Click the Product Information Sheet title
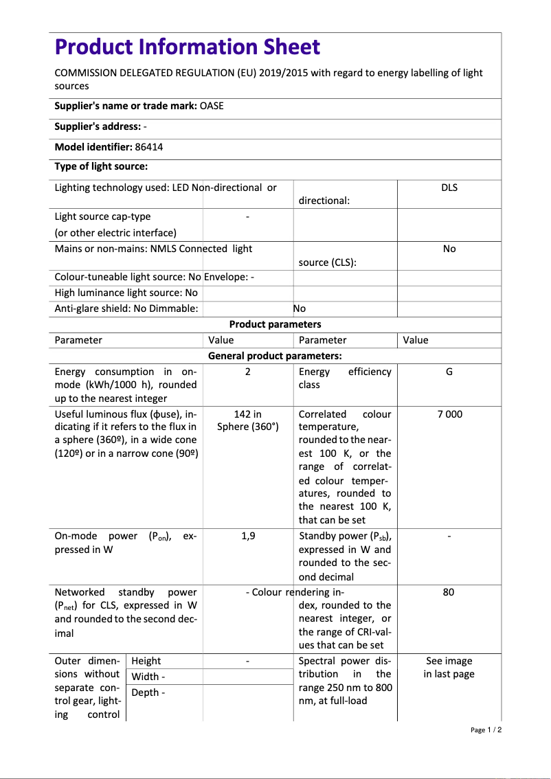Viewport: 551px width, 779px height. click(187, 47)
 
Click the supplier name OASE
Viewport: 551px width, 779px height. click(212, 106)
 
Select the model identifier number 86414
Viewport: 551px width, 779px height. click(148, 147)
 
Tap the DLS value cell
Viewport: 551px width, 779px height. click(449, 188)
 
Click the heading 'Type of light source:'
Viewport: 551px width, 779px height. click(101, 166)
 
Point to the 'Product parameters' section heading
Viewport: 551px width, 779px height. click(275, 324)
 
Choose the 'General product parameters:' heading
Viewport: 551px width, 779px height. click(275, 356)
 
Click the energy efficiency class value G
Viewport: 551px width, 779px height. click(449, 372)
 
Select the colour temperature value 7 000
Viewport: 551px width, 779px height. click(449, 414)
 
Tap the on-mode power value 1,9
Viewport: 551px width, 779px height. click(248, 536)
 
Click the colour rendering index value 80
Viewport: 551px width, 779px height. click(449, 592)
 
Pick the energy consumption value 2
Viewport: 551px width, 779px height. click(247, 372)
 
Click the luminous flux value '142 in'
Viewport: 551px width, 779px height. click(247, 414)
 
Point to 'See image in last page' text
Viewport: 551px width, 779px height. click(449, 667)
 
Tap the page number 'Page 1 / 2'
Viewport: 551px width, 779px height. click(486, 730)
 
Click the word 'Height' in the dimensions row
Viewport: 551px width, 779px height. click(146, 661)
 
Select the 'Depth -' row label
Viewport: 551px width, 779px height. click(148, 692)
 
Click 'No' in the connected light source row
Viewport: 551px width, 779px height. click(449, 249)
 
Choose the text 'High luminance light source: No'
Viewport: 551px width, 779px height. click(126, 293)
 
